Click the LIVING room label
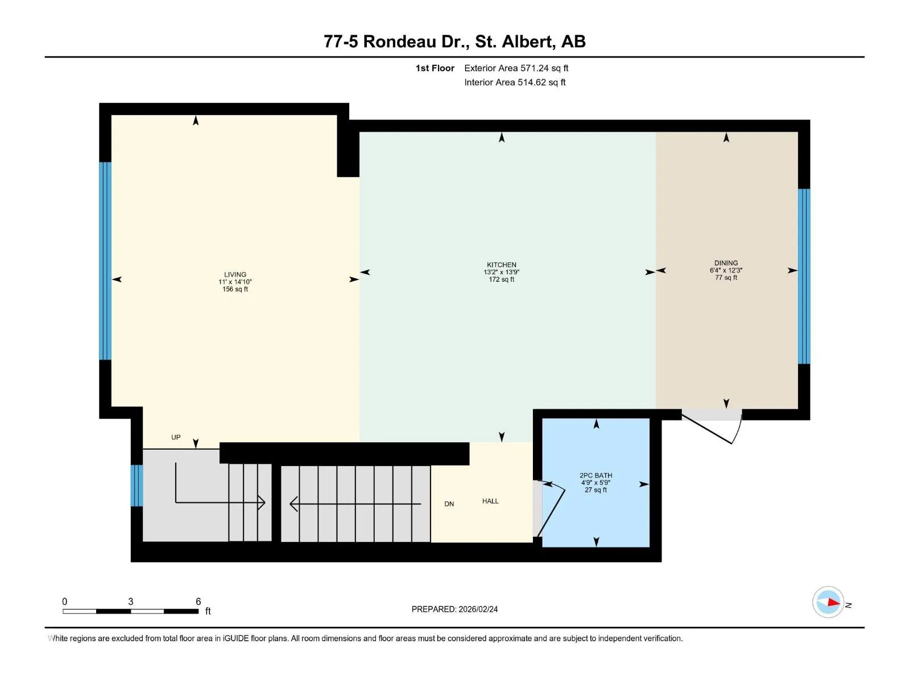tap(235, 274)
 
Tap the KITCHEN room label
tap(502, 265)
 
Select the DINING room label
tap(726, 263)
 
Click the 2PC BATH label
tap(595, 475)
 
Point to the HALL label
tap(490, 501)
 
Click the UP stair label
tap(176, 437)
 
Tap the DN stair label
tap(449, 504)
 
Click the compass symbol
tap(828, 602)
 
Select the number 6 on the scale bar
tap(198, 601)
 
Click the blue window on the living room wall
tap(105, 261)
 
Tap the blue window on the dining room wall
tap(804, 276)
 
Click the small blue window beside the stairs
tap(137, 485)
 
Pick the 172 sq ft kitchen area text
tap(502, 279)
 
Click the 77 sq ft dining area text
tap(726, 277)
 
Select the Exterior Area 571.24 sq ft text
tap(516, 68)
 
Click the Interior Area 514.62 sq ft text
tap(515, 82)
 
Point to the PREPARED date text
tap(455, 609)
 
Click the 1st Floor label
tap(435, 68)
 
